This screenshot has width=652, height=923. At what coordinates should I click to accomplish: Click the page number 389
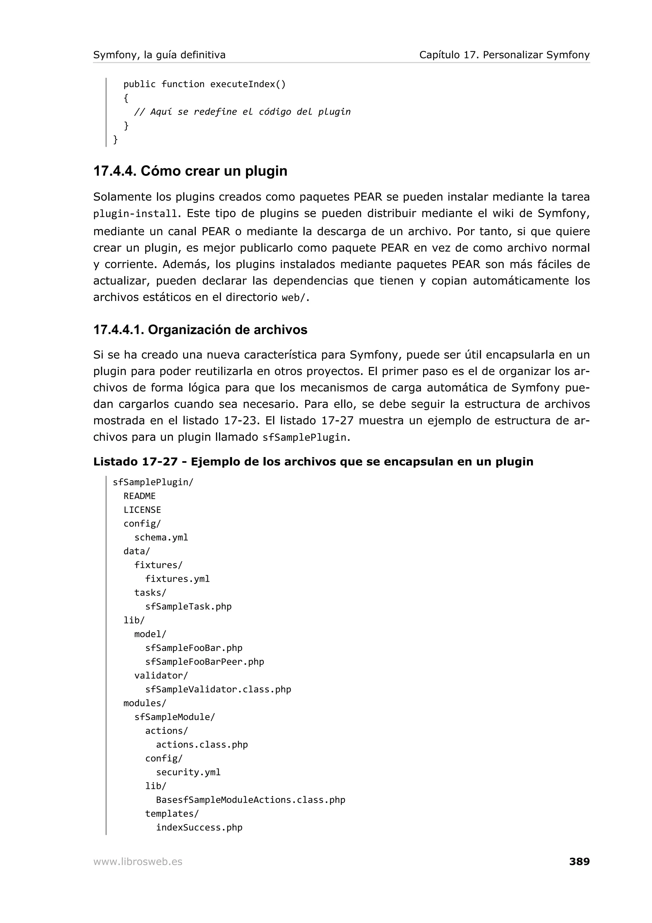pyautogui.click(x=579, y=862)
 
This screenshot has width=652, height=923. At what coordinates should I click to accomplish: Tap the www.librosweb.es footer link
pyautogui.click(x=138, y=862)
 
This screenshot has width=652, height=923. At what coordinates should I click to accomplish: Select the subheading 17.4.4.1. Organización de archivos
pyautogui.click(x=200, y=330)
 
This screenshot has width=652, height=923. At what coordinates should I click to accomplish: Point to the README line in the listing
pyautogui.click(x=139, y=496)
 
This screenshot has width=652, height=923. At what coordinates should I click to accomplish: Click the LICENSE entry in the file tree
pyautogui.click(x=142, y=510)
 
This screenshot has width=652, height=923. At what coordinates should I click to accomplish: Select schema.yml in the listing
pyautogui.click(x=161, y=538)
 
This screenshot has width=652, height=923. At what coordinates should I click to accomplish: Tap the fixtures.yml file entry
pyautogui.click(x=177, y=579)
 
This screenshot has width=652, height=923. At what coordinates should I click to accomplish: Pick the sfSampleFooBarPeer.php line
pyautogui.click(x=204, y=662)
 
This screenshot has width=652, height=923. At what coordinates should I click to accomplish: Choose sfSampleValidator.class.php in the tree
pyautogui.click(x=218, y=690)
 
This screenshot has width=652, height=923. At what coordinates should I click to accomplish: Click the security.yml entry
pyautogui.click(x=188, y=772)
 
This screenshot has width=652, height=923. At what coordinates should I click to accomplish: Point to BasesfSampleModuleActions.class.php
pyautogui.click(x=251, y=800)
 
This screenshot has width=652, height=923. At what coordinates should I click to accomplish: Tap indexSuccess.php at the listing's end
pyautogui.click(x=199, y=828)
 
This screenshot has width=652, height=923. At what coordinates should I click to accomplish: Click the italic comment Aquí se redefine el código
pyautogui.click(x=242, y=112)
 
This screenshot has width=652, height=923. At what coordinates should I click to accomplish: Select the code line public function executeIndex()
pyautogui.click(x=204, y=84)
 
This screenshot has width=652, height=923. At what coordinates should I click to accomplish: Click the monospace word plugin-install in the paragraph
pyautogui.click(x=135, y=214)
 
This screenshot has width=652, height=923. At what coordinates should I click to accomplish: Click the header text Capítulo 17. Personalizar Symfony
pyautogui.click(x=504, y=55)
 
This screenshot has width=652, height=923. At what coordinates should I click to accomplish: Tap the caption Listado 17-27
pyautogui.click(x=135, y=461)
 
